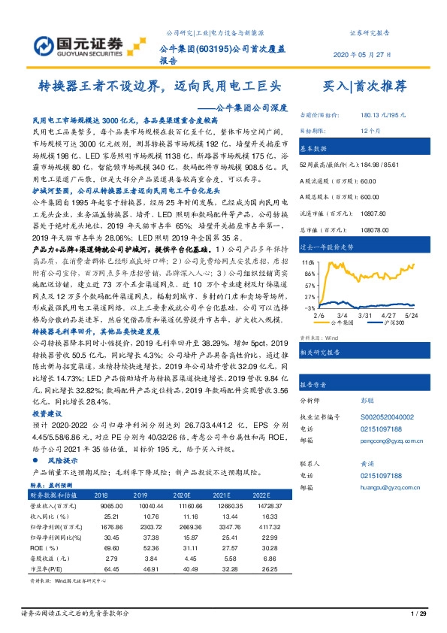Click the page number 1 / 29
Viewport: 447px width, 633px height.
[419, 615]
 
